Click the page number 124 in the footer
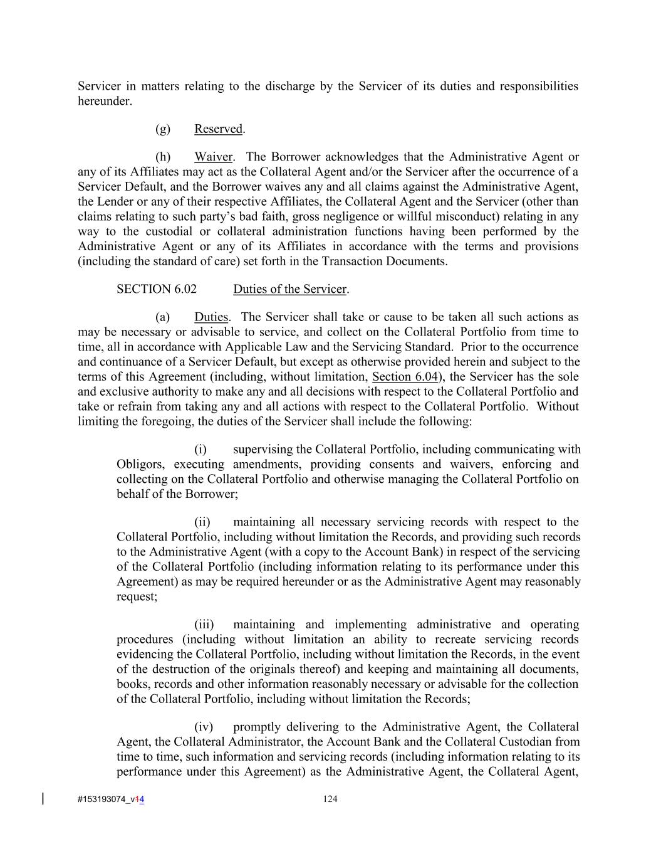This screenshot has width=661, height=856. [330, 799]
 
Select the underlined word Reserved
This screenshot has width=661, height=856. [218, 129]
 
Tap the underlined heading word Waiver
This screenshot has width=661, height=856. [213, 157]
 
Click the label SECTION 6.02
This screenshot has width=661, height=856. [156, 289]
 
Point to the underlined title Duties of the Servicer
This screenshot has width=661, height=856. [289, 289]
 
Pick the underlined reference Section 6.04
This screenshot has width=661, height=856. [404, 377]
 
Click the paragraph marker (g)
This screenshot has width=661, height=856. [163, 129]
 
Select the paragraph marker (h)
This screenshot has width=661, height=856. [163, 157]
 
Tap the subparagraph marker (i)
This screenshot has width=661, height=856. [200, 450]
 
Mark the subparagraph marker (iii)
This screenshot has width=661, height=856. [204, 625]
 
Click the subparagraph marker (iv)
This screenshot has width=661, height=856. [204, 727]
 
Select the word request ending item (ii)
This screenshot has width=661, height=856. [135, 597]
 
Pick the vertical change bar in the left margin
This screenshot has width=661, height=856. [43, 799]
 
